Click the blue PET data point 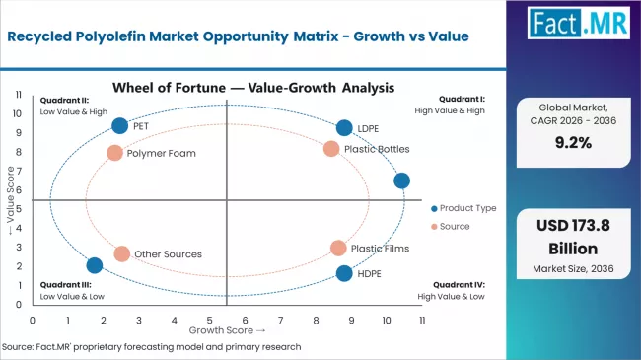(x=120, y=125)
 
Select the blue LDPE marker (x=344, y=127)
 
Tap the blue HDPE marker (x=344, y=273)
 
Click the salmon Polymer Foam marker (x=114, y=153)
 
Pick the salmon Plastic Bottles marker (x=331, y=149)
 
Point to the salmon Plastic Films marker (x=338, y=249)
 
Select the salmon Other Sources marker (x=121, y=253)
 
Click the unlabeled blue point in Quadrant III (x=95, y=265)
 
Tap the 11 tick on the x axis (x=422, y=320)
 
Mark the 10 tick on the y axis (x=18, y=112)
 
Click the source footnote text (x=153, y=346)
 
